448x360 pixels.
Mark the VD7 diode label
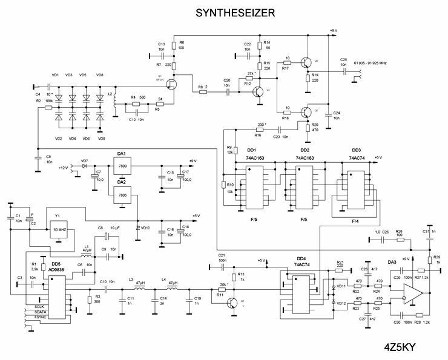(x=85, y=161)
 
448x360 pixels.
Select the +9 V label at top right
(x=332, y=29)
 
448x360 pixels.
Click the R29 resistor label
(x=436, y=257)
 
